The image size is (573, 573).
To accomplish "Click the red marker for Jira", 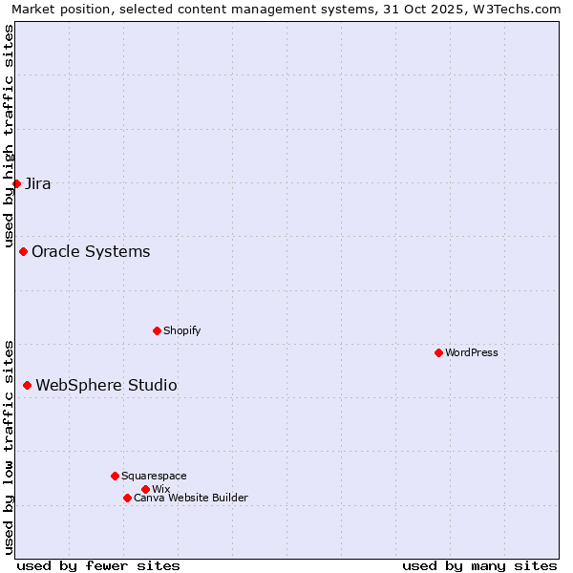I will (x=16, y=183).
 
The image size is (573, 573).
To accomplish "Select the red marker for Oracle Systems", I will (x=23, y=251).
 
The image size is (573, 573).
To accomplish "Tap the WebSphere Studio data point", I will (x=27, y=385).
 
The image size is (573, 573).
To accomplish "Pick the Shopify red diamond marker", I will (x=157, y=330).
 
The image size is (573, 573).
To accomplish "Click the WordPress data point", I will (x=438, y=352).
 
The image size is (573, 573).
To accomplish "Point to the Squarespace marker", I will (x=115, y=476).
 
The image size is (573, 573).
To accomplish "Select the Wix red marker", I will (x=145, y=489).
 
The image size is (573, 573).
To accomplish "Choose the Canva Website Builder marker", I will (x=127, y=498).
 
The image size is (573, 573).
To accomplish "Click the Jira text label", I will (x=38, y=183).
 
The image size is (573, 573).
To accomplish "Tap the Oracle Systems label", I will (x=91, y=251).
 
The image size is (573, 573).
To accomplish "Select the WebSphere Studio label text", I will (x=106, y=385).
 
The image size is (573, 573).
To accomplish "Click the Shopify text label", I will (x=182, y=330).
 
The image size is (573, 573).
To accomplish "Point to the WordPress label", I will (x=472, y=352).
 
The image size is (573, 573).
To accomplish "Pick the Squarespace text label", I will (x=154, y=476).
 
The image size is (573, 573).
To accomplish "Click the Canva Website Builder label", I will (x=191, y=498).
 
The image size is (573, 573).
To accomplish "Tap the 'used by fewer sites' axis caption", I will (x=98, y=565).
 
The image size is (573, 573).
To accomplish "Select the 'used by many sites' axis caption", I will (x=479, y=565).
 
